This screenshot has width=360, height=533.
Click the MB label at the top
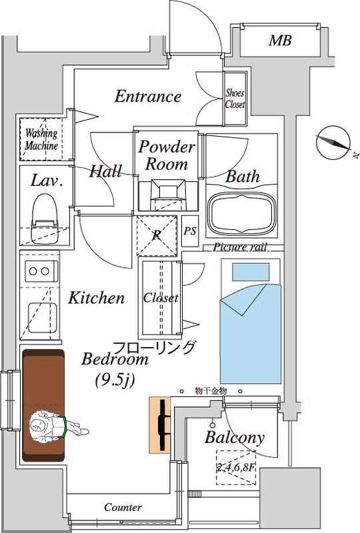tap(280, 41)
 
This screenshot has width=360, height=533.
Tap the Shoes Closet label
tap(235, 98)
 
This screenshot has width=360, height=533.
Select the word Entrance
tap(148, 96)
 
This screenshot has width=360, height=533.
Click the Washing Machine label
tap(41, 139)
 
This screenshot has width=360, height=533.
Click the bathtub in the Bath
tap(242, 213)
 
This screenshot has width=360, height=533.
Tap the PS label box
tap(190, 231)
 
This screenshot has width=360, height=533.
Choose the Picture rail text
tap(240, 247)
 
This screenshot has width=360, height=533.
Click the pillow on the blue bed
tap(251, 272)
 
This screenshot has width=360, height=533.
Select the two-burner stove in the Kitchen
tap(39, 271)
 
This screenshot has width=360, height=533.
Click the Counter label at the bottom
tap(123, 508)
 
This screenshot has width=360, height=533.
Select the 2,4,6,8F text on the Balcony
tap(236, 468)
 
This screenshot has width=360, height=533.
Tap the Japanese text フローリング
tap(154, 348)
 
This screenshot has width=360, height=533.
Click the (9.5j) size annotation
tap(115, 380)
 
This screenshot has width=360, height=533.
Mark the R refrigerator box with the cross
tap(157, 236)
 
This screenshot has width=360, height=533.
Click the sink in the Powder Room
tap(168, 195)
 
